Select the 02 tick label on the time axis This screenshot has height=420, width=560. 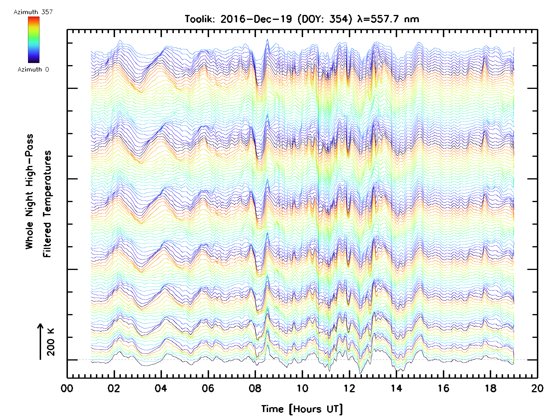click(114, 388)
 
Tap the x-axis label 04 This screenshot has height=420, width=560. click(161, 388)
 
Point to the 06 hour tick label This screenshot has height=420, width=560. click(208, 388)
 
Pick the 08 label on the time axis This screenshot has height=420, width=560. click(255, 388)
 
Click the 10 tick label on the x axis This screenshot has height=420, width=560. click(302, 388)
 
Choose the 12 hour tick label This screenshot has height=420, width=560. click(349, 388)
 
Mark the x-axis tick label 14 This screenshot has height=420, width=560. click(396, 388)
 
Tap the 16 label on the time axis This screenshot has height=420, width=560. click(443, 388)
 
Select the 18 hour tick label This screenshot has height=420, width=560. click(490, 388)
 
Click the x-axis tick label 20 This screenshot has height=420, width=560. click(537, 388)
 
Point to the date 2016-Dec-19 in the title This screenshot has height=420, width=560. click(256, 19)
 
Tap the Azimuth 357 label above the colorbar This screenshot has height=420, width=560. click(33, 12)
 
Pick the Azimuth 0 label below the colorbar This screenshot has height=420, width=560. click(33, 70)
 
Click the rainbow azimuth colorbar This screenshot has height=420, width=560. click(34, 40)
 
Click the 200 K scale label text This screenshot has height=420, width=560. click(51, 342)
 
